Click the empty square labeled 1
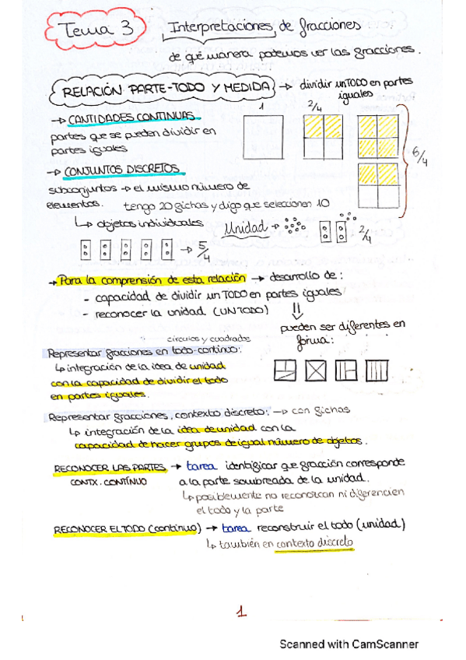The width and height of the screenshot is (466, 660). (x=263, y=137)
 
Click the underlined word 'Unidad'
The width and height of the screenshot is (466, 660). (x=244, y=229)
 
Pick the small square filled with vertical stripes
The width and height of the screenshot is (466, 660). (x=376, y=370)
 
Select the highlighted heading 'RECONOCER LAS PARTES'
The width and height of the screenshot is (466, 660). (x=110, y=468)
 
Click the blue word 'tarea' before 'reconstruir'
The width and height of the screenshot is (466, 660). (x=235, y=527)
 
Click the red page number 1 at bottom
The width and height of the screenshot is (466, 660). (x=242, y=613)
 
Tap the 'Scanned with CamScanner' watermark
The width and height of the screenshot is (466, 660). (x=349, y=644)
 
